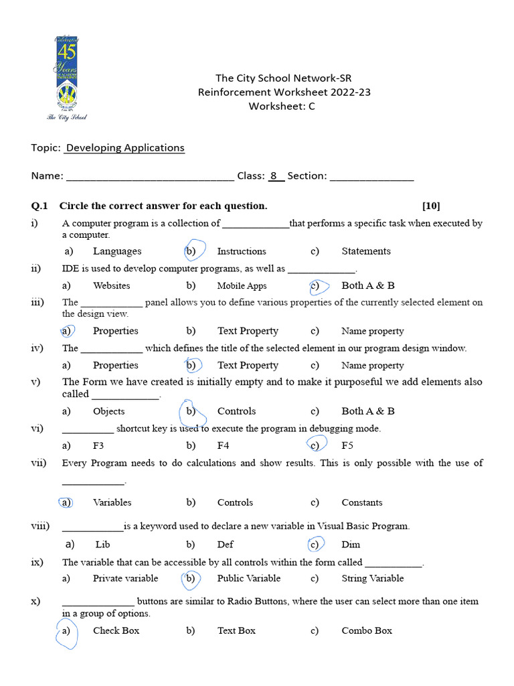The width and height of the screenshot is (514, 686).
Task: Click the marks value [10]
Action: [431, 206]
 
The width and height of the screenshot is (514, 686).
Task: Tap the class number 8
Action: [274, 176]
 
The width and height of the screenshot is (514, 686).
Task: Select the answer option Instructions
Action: [242, 251]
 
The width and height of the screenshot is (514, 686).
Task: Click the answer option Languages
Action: [117, 251]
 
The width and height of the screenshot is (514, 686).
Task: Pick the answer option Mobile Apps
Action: [242, 286]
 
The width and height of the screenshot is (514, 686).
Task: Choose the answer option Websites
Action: [112, 286]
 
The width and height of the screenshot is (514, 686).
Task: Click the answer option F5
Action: [347, 445]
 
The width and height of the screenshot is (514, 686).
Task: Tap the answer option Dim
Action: [351, 545]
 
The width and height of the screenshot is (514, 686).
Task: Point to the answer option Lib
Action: [102, 545]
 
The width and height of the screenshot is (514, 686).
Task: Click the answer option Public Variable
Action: [249, 578]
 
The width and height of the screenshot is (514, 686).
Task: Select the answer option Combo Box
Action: [367, 630]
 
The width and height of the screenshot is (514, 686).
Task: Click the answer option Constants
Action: [362, 502]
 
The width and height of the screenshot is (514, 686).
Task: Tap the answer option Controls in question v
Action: [236, 411]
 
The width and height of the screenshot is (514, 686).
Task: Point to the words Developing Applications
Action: [125, 147]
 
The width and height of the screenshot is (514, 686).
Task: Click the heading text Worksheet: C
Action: [282, 106]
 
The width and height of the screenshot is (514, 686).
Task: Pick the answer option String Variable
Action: [373, 578]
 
